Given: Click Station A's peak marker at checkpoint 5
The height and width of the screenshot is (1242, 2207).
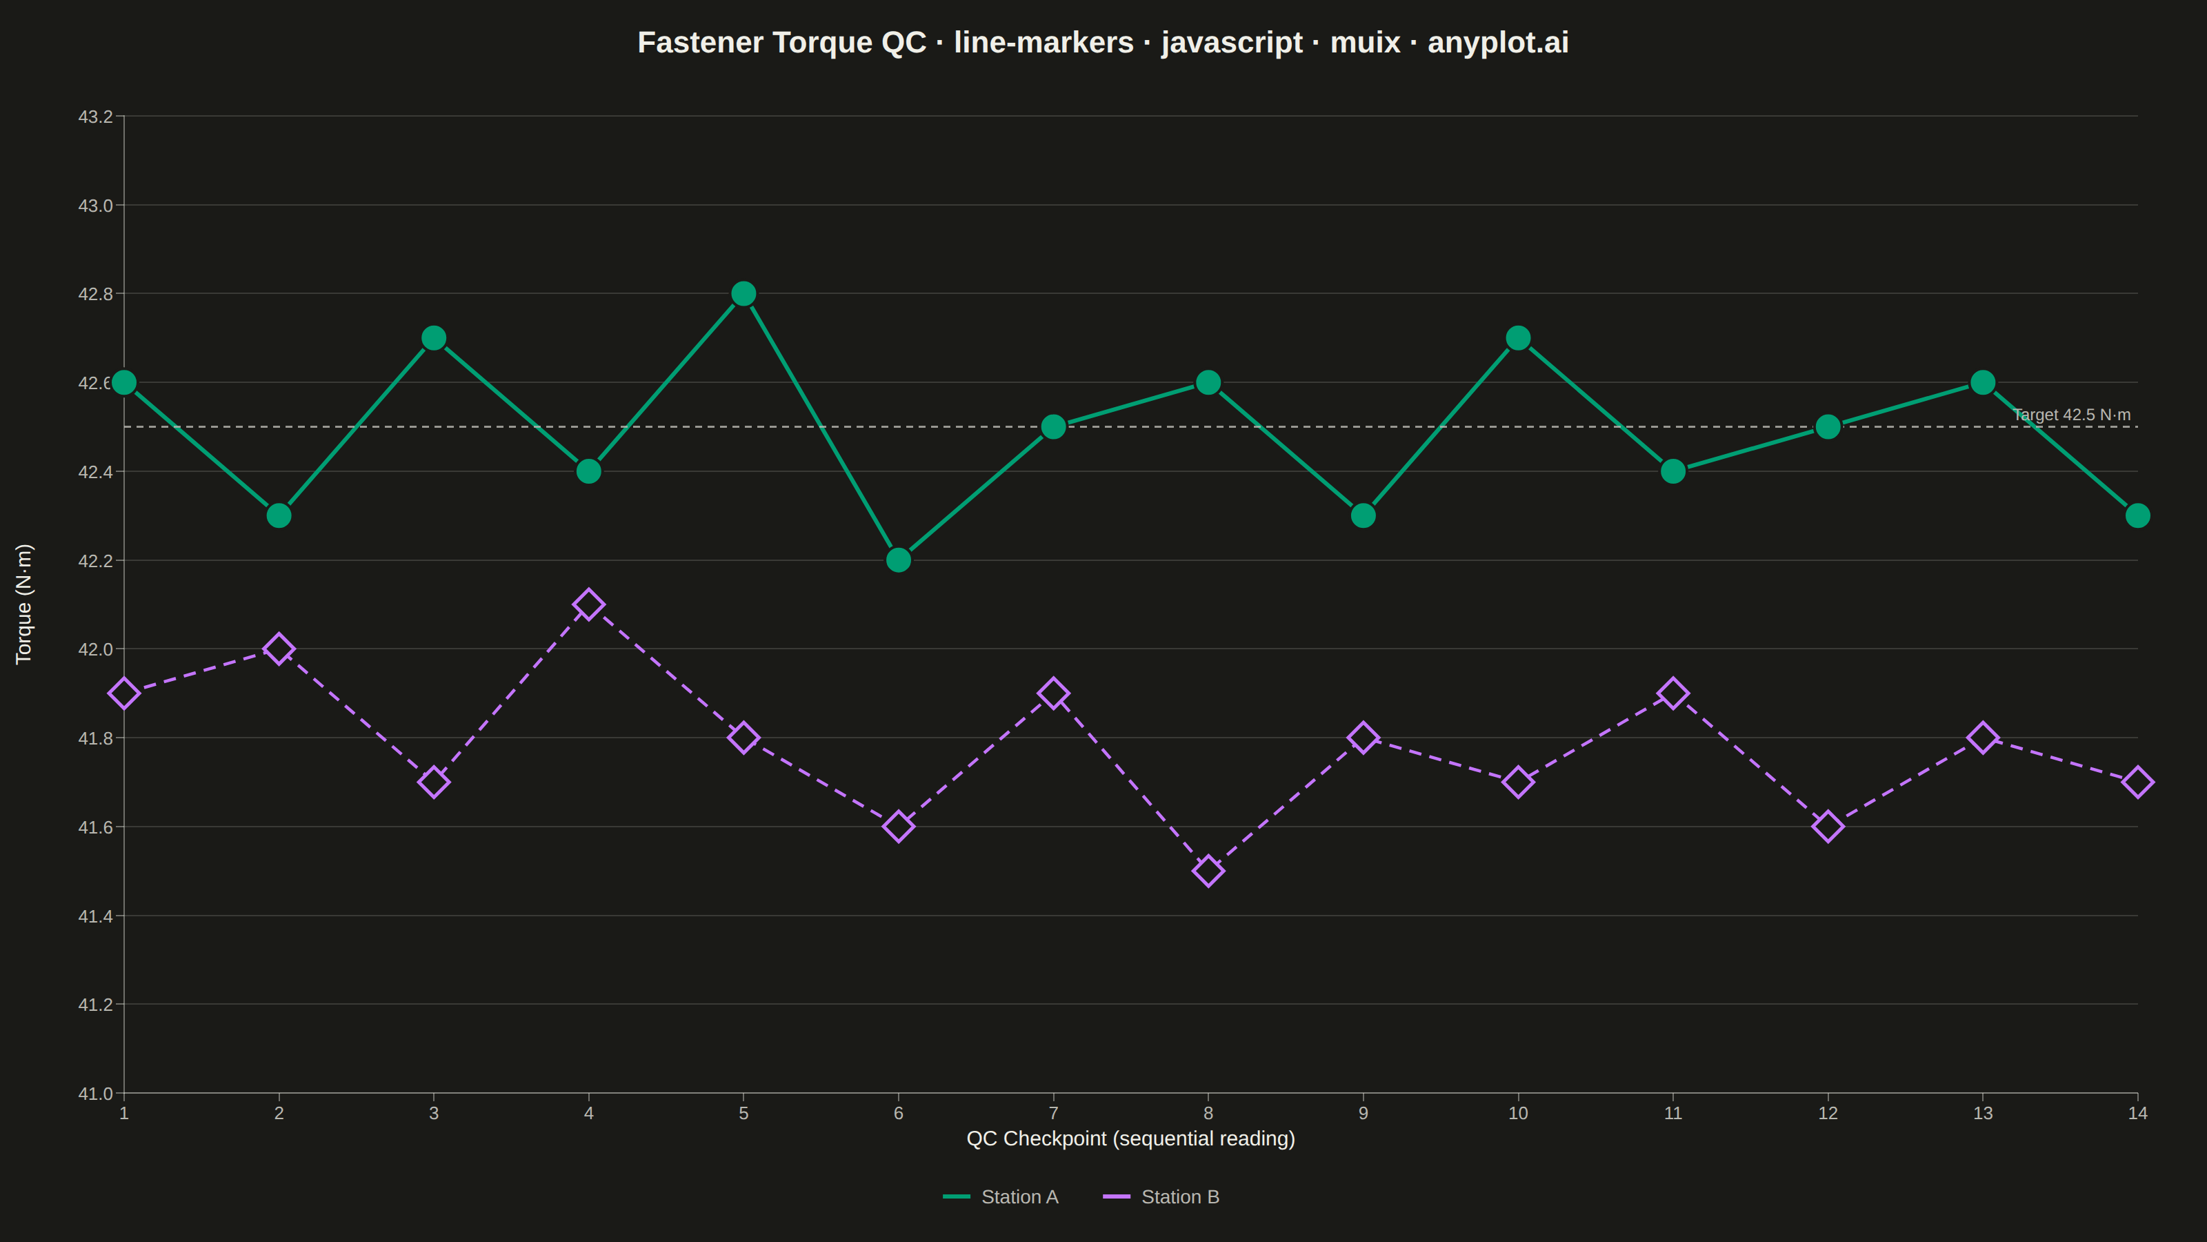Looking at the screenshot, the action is [x=743, y=294].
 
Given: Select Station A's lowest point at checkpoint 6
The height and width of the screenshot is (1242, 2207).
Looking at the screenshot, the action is [x=899, y=560].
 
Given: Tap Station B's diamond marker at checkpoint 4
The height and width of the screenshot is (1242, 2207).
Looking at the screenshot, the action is [x=588, y=604].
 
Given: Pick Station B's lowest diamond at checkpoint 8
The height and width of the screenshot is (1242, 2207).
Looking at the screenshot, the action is [x=1208, y=871].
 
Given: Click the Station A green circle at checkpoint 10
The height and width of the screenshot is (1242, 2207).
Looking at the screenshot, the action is [x=1518, y=337].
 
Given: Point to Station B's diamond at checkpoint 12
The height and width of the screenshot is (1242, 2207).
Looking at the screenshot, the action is [x=1828, y=827].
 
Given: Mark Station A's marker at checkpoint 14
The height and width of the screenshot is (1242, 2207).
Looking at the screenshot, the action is [x=2137, y=515].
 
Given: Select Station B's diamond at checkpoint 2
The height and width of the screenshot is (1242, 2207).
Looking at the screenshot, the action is [x=279, y=649].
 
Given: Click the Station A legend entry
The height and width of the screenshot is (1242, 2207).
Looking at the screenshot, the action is [x=1001, y=1196].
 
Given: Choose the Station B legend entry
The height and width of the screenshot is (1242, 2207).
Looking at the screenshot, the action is [x=1161, y=1196].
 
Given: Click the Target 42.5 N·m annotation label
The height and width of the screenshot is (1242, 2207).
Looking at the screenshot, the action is [x=2072, y=415].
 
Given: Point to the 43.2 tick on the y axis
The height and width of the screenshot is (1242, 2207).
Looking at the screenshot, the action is [x=96, y=117].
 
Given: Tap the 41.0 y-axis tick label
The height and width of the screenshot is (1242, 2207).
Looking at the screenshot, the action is [x=96, y=1094].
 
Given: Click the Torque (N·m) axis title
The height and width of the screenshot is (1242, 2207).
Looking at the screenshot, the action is [x=24, y=604].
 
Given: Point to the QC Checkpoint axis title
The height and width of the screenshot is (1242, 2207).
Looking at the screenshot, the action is [x=1131, y=1138].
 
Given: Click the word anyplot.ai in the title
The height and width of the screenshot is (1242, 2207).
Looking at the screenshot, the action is [x=1499, y=43].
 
